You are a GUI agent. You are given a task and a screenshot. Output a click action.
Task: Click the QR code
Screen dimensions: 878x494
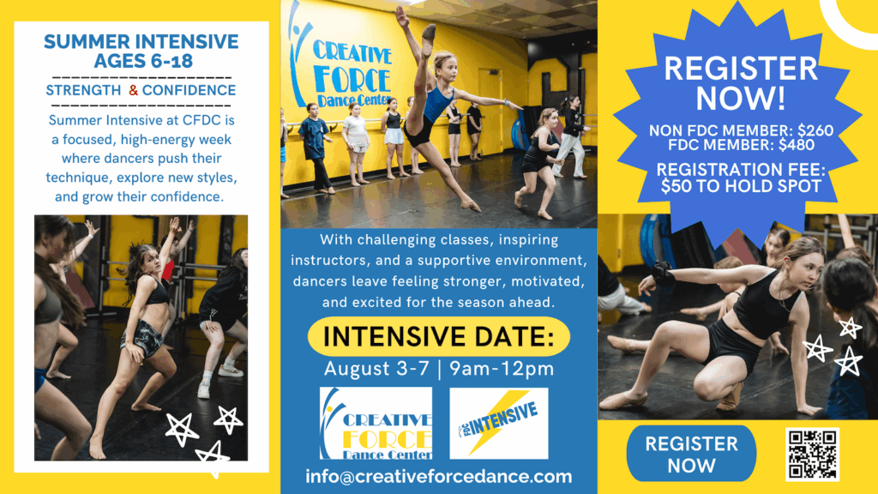[x=813, y=455]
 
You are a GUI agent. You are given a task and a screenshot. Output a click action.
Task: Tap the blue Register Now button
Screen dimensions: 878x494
[x=691, y=454]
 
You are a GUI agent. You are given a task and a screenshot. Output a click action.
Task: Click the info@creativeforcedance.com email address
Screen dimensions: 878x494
[x=439, y=477]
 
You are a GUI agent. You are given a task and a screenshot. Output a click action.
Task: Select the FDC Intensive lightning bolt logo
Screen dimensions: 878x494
[x=498, y=424]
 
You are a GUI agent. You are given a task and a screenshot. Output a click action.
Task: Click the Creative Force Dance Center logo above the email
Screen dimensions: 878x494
[x=376, y=424]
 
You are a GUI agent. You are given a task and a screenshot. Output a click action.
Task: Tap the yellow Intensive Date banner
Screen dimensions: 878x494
[x=439, y=336]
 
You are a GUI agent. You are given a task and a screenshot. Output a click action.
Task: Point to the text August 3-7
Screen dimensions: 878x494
[x=376, y=369]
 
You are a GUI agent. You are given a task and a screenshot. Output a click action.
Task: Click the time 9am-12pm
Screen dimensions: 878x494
[x=502, y=369]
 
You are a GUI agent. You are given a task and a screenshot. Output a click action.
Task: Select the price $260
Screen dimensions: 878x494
[x=815, y=130]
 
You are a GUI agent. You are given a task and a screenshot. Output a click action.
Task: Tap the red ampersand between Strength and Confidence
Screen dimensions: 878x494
[x=133, y=90]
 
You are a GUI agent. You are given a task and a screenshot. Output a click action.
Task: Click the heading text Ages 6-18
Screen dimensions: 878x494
[x=143, y=61]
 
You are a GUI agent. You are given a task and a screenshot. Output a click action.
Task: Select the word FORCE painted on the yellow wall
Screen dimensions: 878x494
[x=352, y=79]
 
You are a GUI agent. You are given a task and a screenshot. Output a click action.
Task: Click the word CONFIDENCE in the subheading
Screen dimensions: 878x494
[x=189, y=90]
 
